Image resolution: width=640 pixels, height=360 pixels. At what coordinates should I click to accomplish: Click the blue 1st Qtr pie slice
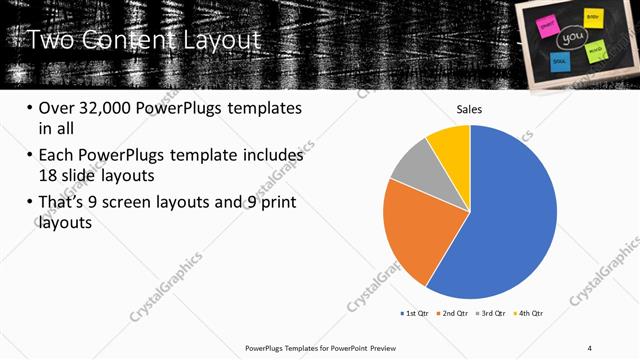click(510, 220)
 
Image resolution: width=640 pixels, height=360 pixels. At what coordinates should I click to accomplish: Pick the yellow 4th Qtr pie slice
click(450, 145)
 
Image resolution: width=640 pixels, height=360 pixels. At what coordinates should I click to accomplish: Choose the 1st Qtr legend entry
click(415, 314)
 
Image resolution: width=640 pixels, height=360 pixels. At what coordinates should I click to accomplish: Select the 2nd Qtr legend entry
click(452, 314)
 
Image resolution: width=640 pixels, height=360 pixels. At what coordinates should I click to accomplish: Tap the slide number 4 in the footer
click(590, 347)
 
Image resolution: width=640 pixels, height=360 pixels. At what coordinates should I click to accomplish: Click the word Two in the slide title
click(45, 40)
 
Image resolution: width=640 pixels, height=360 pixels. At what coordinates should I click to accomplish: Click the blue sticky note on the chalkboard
click(559, 62)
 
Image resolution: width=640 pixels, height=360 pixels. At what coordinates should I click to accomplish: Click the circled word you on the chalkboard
click(573, 38)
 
